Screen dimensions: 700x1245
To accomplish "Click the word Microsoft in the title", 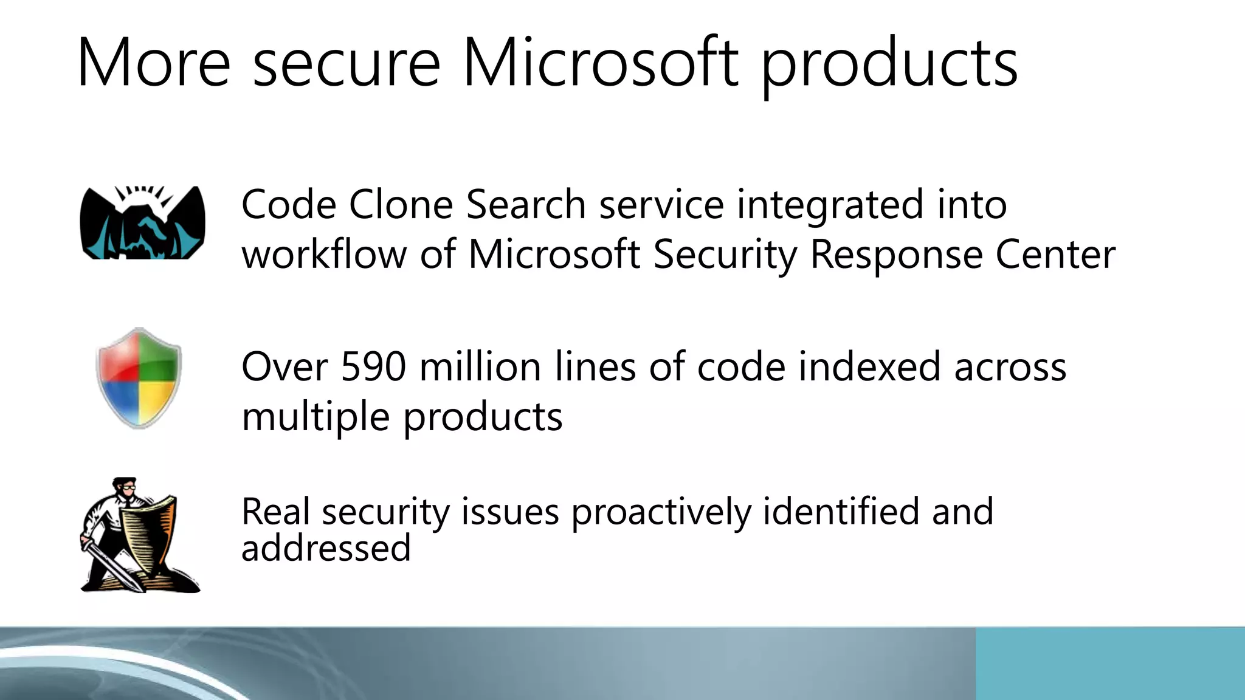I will point(601,63).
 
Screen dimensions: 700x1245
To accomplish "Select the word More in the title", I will point(153,63).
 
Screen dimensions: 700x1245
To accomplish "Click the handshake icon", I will point(143,223).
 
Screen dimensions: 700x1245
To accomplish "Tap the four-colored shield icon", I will point(139,377).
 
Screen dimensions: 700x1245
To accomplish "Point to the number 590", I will point(373,367).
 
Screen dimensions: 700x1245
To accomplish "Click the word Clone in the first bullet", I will point(401,204).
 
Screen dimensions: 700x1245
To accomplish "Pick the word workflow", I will point(324,254).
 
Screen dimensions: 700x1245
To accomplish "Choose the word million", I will point(480,367).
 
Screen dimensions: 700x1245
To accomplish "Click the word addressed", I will point(326,548).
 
